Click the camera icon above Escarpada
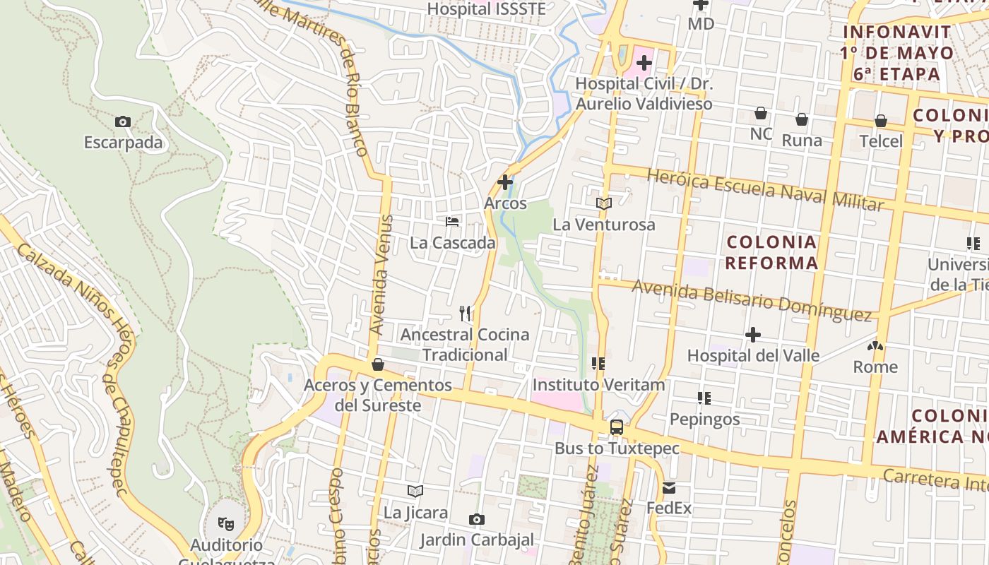[x=123, y=121]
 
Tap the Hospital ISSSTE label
[x=487, y=9]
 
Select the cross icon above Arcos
[x=505, y=182]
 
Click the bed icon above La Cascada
[x=452, y=222]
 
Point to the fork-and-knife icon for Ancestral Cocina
[x=465, y=313]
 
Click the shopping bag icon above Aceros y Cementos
[x=378, y=364]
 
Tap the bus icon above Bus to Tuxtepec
[x=617, y=427]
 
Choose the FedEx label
[x=669, y=508]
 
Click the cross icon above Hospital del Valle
[x=753, y=334]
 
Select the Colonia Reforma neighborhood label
[x=771, y=253]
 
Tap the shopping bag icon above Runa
[x=802, y=119]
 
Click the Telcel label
[x=881, y=141]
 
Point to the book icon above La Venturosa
[x=603, y=203]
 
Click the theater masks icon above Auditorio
[x=226, y=523]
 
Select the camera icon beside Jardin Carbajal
[x=477, y=520]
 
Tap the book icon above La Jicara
[x=415, y=491]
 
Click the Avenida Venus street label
[x=381, y=275]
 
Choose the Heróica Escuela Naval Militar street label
[x=765, y=189]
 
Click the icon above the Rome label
[x=875, y=347]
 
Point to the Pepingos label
[x=704, y=419]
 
